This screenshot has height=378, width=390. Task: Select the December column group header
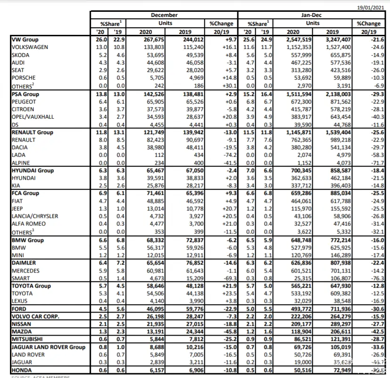point(164,16)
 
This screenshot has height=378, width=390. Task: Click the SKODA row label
point(20,55)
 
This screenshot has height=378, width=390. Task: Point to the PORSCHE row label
point(23,78)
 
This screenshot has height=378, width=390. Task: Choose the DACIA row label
point(20,147)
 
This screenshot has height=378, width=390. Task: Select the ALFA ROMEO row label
point(29,224)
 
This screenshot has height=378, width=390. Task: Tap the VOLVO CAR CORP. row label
point(35,317)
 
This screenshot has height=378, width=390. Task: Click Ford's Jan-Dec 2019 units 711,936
point(336,309)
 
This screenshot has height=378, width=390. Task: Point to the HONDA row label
point(21,370)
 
